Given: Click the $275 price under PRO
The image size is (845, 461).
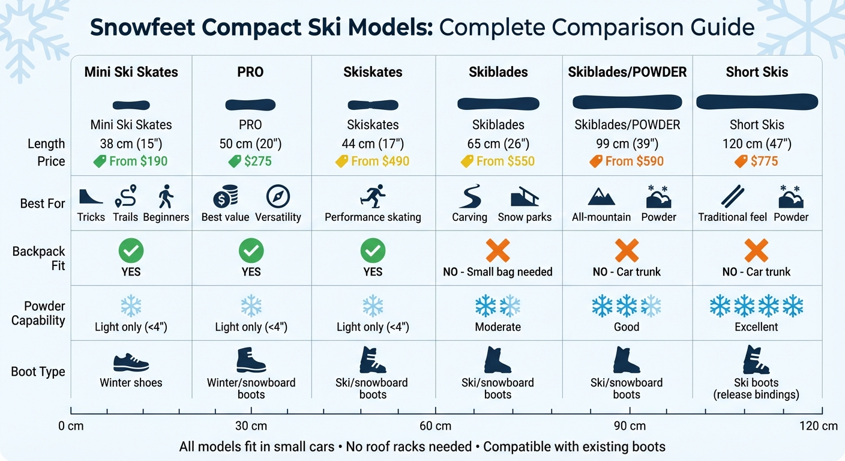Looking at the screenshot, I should (257, 161).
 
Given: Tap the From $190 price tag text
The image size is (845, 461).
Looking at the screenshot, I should (138, 161).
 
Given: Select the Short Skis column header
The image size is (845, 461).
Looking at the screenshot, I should (757, 72).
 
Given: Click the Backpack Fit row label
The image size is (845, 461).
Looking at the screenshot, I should (38, 258).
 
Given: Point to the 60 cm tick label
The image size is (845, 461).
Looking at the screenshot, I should (435, 426).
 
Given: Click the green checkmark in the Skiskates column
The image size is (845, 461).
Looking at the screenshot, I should (373, 250).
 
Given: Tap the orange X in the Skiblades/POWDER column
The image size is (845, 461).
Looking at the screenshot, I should (627, 250).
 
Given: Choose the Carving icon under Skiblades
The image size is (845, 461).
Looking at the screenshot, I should (469, 196).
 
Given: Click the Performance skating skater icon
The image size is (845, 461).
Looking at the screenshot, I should (373, 196).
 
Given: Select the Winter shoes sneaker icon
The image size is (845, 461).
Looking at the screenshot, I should (131, 363).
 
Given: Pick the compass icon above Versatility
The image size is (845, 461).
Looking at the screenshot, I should (278, 196).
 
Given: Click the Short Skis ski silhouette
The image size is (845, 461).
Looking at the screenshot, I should (757, 102).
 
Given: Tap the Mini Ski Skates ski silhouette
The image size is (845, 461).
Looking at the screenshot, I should (131, 105).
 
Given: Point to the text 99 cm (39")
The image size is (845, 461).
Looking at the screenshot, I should (627, 144).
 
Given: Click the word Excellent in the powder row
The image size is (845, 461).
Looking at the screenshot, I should (756, 327).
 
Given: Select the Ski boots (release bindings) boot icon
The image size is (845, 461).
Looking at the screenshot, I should (756, 360).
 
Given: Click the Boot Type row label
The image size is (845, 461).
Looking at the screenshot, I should (38, 372).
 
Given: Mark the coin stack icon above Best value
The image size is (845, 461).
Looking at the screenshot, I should (226, 196).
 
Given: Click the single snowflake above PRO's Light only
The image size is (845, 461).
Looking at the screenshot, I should (251, 306).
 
